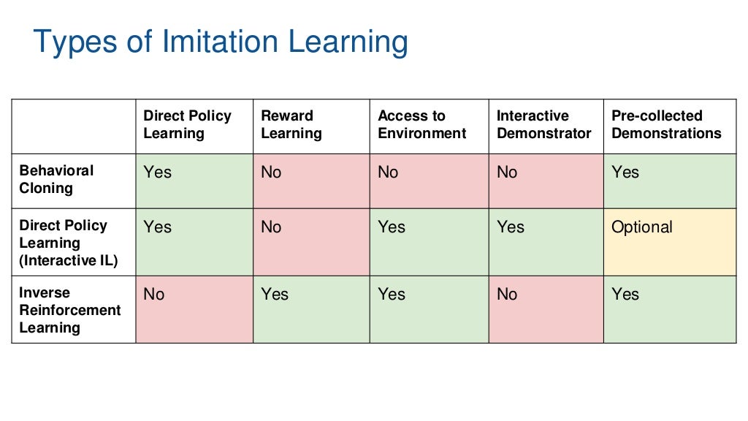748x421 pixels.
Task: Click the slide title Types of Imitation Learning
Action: tap(221, 42)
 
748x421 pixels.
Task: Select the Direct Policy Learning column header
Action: tap(187, 125)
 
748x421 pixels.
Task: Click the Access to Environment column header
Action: tap(421, 125)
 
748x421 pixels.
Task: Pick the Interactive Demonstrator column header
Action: tap(543, 125)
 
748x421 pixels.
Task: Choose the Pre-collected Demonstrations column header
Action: tap(666, 125)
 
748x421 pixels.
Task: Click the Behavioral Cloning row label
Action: tap(57, 179)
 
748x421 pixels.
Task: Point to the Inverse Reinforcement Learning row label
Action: tap(69, 310)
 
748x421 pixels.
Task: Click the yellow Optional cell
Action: tap(669, 242)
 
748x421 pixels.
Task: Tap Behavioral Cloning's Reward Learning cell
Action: tap(311, 181)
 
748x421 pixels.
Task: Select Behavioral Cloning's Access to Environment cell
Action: tap(429, 181)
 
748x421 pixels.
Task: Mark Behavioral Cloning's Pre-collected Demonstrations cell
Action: tap(669, 181)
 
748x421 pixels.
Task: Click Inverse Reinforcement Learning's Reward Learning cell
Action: tap(311, 309)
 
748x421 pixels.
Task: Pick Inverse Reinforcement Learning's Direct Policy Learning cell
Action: tap(194, 309)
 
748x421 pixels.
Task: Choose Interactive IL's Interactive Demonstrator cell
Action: tap(546, 242)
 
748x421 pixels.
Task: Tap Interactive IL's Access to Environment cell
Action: tap(429, 242)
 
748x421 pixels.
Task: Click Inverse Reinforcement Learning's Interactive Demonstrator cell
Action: tap(546, 309)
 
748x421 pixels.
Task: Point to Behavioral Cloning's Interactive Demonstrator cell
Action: tap(546, 181)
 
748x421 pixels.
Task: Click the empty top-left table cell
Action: tap(74, 126)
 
